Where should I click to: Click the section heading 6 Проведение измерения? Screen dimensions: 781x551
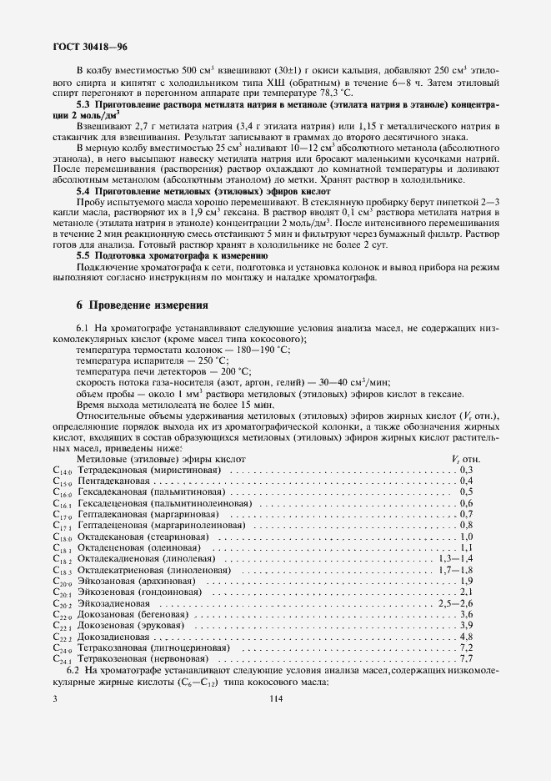(x=142, y=305)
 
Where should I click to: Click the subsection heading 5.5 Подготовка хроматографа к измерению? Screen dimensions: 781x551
(x=172, y=254)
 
